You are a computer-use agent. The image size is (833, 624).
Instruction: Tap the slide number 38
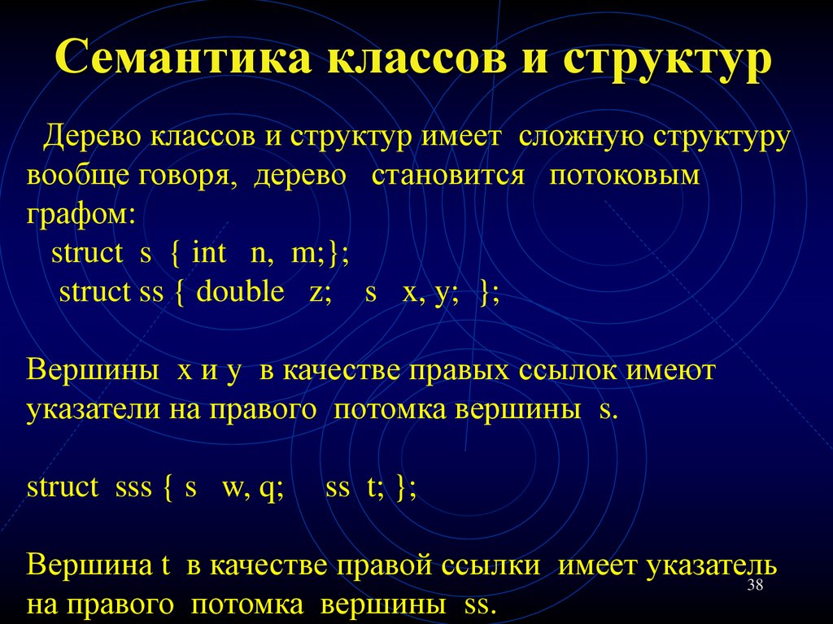(x=754, y=588)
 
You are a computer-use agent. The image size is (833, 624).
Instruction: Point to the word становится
(x=448, y=176)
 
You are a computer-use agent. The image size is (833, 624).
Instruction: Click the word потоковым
(x=624, y=176)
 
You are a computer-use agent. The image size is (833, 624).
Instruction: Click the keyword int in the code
(x=209, y=253)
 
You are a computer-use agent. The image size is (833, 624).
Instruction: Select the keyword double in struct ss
(x=240, y=292)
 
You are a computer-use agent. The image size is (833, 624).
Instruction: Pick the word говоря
(x=192, y=176)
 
